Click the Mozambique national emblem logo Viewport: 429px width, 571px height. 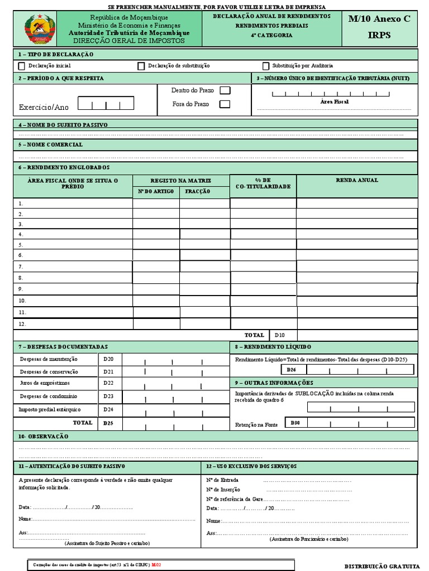point(39,29)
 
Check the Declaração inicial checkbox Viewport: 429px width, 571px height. point(22,66)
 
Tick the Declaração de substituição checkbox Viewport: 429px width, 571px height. point(141,66)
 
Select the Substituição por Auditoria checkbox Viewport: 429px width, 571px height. point(266,66)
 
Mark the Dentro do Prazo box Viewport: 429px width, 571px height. point(225,90)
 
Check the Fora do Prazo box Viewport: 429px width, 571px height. point(225,104)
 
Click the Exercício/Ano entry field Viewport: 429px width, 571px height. point(106,104)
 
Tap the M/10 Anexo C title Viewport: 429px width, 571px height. point(379,19)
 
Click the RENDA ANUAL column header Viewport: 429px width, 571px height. point(356,180)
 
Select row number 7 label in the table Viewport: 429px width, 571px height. point(21,267)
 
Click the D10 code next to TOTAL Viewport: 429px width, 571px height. point(279,335)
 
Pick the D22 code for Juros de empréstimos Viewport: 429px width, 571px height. point(108,383)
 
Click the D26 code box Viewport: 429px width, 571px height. point(291,370)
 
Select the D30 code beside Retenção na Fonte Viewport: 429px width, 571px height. point(295,423)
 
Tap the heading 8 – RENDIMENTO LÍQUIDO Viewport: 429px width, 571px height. point(273,347)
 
